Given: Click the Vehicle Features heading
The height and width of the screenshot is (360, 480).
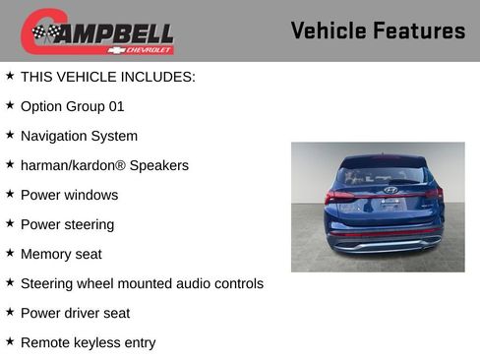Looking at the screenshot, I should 378,31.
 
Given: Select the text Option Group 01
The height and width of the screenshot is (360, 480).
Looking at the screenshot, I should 72,106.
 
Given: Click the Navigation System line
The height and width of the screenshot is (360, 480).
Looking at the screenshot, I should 79,136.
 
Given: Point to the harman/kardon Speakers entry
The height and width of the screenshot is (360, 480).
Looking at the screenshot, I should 104,165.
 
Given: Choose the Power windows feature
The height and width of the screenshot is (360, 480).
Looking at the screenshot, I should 69,195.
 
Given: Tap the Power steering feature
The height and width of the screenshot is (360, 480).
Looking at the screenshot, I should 67,224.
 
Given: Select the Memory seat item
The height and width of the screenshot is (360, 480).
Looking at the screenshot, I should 61,254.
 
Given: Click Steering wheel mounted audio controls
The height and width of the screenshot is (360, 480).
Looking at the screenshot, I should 142,283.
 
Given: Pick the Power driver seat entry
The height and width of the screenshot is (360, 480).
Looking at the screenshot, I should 75,313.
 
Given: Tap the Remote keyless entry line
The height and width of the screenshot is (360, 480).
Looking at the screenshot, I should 88,342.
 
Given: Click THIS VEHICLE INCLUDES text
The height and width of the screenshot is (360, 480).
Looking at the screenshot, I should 108,77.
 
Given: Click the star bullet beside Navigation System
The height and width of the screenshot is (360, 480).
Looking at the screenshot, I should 10,134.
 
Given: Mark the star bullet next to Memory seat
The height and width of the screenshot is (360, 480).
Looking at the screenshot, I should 10,252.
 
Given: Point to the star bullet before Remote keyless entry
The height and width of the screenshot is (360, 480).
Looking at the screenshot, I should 10,340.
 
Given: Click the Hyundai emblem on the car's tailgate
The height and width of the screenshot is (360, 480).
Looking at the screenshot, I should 390,189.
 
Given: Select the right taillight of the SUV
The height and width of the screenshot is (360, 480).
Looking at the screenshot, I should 433,194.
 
